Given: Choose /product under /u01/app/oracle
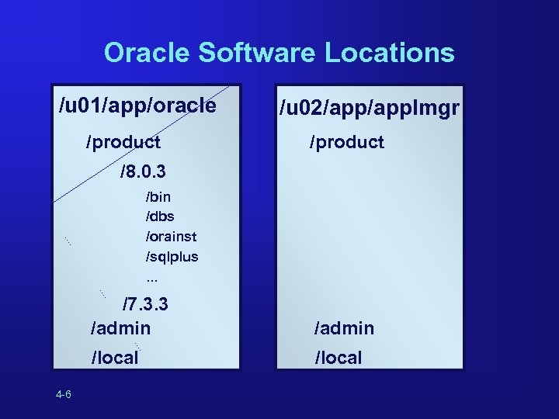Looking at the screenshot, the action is point(123,142).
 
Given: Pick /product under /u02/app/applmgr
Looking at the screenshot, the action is point(347,142).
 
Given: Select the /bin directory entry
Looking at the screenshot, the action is point(158,197).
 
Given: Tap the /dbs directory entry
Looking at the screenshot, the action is point(159,216).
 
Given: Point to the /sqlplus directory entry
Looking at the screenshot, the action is point(172,255).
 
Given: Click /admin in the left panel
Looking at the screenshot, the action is point(120,328).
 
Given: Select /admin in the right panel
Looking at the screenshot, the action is point(344,328).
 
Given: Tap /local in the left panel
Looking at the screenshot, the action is point(115,358).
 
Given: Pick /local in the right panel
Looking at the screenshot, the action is point(338,358).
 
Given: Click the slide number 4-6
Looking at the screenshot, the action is point(64,395).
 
